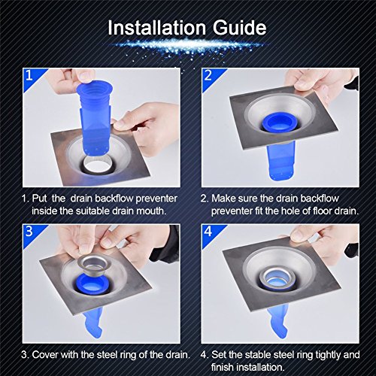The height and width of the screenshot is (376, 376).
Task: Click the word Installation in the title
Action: pos(156,27)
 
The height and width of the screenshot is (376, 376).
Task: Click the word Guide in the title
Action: pos(240,28)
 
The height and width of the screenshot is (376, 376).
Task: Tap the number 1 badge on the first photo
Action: pos(29,75)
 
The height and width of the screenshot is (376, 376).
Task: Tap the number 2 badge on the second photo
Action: pos(208,75)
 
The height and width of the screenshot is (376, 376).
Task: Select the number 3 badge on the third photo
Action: pos(29,231)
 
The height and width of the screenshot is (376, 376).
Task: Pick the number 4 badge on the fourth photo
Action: pos(208,231)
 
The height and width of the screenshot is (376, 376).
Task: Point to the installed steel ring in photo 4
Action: pos(277,278)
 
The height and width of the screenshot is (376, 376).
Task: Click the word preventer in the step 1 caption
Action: pos(156,199)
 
